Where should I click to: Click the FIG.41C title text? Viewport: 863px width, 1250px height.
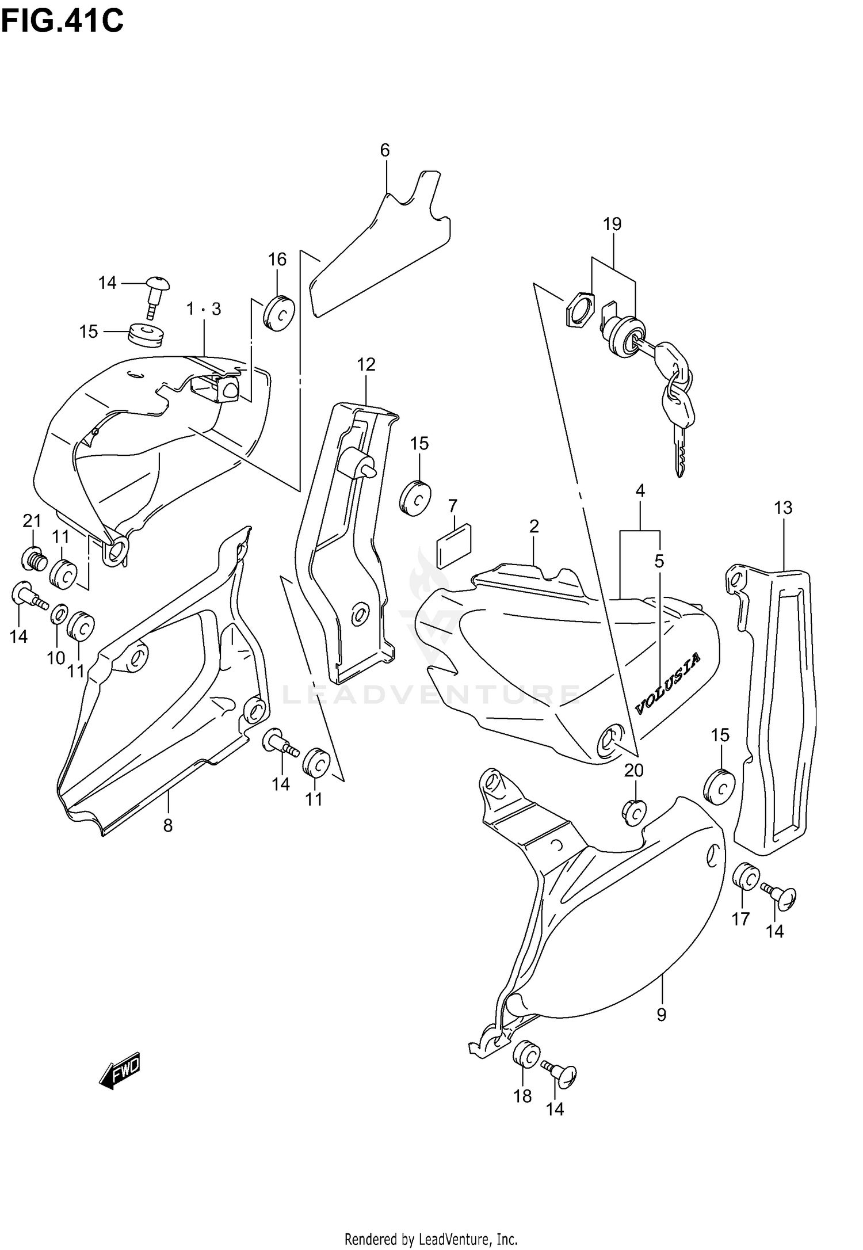pyautogui.click(x=62, y=22)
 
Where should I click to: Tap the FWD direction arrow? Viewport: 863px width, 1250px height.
pyautogui.click(x=120, y=1072)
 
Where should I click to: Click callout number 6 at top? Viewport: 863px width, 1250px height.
pyautogui.click(x=385, y=150)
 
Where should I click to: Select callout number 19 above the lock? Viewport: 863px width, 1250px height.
pyautogui.click(x=612, y=224)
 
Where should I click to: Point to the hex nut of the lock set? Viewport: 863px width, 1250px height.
pyautogui.click(x=578, y=310)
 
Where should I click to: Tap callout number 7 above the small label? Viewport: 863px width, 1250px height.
pyautogui.click(x=453, y=506)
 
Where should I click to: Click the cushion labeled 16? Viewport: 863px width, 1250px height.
pyautogui.click(x=280, y=313)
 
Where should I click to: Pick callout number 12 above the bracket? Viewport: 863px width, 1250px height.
pyautogui.click(x=366, y=364)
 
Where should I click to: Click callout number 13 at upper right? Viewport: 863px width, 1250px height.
pyautogui.click(x=783, y=508)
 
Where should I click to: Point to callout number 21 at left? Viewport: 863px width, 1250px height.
pyautogui.click(x=32, y=521)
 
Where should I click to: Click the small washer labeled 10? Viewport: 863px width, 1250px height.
pyautogui.click(x=59, y=615)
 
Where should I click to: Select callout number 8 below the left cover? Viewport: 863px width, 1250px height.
pyautogui.click(x=167, y=826)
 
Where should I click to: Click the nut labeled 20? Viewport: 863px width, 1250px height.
pyautogui.click(x=633, y=812)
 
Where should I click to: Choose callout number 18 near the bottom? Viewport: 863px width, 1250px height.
pyautogui.click(x=522, y=1096)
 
